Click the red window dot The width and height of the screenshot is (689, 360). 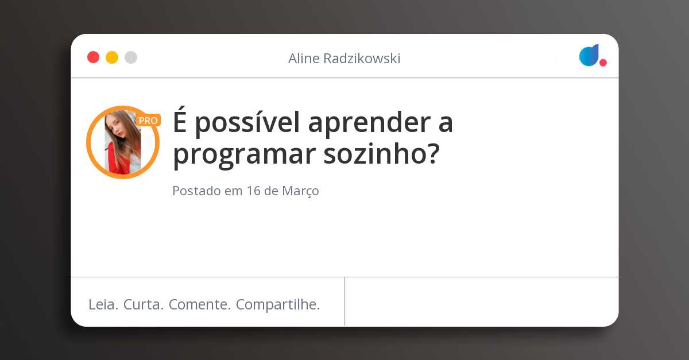[x=93, y=57]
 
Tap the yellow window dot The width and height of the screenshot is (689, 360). [x=112, y=57]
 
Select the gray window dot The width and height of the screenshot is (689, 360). [x=131, y=57]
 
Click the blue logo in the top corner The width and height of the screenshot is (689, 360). [x=589, y=55]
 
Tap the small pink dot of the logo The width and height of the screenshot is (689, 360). [x=603, y=63]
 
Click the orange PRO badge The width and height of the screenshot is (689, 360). [x=148, y=121]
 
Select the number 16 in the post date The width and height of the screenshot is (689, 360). [x=253, y=191]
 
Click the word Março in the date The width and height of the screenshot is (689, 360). [x=300, y=191]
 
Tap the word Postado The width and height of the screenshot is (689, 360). [x=196, y=191]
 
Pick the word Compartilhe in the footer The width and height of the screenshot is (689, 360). [x=278, y=305]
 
